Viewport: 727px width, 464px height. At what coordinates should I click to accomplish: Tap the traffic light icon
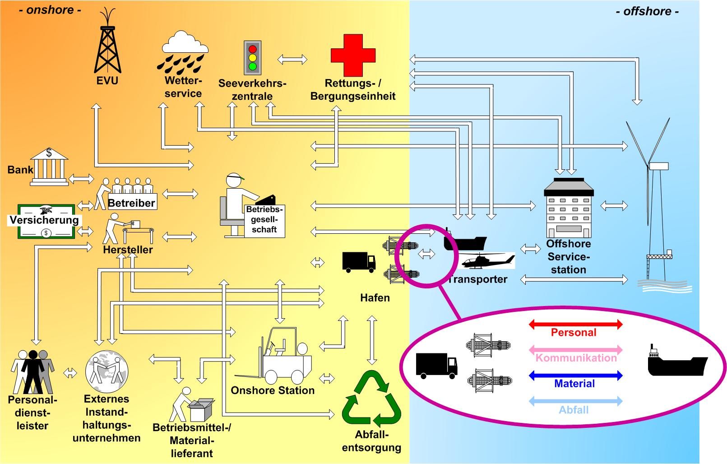pyautogui.click(x=252, y=58)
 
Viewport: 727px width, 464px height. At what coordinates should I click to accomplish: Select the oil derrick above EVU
pyautogui.click(x=107, y=47)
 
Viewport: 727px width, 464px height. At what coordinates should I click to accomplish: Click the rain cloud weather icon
pyautogui.click(x=184, y=53)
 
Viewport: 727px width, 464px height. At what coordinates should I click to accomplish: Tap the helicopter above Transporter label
pyautogui.click(x=488, y=261)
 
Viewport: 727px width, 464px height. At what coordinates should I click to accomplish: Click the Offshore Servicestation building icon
pyautogui.click(x=569, y=208)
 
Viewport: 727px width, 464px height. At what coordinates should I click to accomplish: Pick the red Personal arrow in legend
pyautogui.click(x=575, y=324)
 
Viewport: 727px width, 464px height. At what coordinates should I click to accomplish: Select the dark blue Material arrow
pyautogui.click(x=575, y=375)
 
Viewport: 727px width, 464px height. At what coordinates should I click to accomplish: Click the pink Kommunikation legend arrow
pyautogui.click(x=575, y=350)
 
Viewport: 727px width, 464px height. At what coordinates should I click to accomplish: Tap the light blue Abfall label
pyautogui.click(x=574, y=410)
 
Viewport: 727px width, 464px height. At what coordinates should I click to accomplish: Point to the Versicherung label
pyautogui.click(x=44, y=220)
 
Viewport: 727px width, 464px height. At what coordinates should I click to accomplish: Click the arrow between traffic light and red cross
pyautogui.click(x=292, y=59)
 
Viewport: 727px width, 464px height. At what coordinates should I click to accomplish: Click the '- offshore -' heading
pyautogui.click(x=647, y=11)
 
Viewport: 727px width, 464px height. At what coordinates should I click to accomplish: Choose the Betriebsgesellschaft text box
pyautogui.click(x=264, y=219)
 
